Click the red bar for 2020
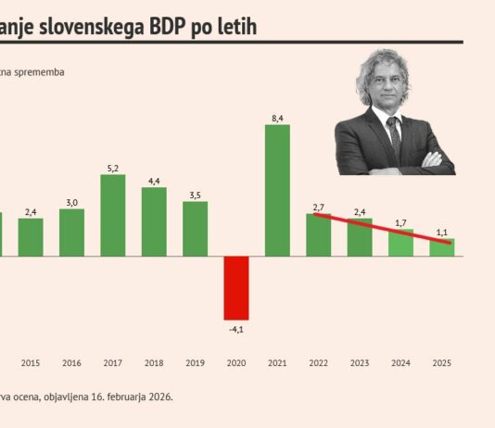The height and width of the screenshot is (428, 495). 236,287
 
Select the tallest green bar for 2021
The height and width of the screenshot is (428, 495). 277,190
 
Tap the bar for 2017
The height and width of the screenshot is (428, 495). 113,215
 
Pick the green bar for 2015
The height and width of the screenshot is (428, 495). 31,236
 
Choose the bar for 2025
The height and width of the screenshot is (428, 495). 441,246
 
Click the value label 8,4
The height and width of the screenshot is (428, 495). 277,117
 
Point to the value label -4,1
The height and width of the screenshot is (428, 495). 236,328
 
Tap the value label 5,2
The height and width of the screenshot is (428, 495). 113,168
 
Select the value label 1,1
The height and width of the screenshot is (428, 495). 441,231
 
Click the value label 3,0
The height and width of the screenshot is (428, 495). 71,202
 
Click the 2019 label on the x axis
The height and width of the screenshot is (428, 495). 195,362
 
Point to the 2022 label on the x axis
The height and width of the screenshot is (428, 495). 318,362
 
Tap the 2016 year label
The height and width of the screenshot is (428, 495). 71,362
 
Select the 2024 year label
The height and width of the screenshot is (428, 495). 400,362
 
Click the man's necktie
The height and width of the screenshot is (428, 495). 395,134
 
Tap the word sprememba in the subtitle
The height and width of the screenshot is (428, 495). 39,70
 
